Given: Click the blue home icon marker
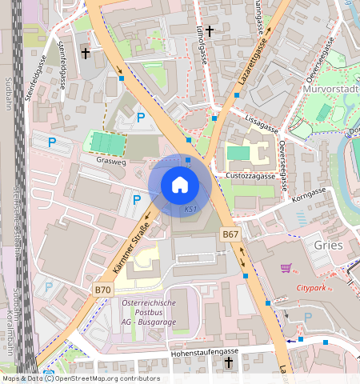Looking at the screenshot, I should point(180,185).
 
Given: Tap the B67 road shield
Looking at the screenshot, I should point(230,234).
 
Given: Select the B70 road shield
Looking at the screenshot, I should point(102,289).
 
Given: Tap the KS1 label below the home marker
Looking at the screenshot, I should point(190,209).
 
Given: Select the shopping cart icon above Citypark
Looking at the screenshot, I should point(286,268).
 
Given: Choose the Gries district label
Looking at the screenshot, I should point(329,245).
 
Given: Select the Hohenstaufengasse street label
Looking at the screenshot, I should point(206,351).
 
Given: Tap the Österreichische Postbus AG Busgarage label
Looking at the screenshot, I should point(150,313).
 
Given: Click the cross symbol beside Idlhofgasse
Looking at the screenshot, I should point(210,31).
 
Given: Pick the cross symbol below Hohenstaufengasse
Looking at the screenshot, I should point(228,363).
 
